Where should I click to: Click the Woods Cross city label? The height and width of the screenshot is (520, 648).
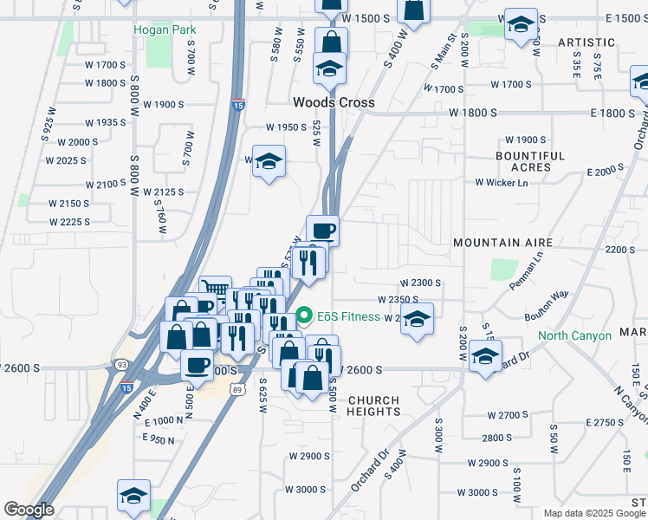coord(334,102)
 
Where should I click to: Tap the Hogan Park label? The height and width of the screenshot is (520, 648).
coord(165,29)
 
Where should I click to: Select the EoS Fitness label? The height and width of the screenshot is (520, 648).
coord(348,316)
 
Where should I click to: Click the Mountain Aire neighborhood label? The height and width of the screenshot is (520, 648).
coord(497,244)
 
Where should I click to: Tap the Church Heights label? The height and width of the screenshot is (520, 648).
coord(373,406)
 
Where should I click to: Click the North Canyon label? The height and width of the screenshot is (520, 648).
coord(573,335)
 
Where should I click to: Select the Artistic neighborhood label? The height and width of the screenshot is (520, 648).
coord(586,42)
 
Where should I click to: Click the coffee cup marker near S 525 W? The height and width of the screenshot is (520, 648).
coord(322,230)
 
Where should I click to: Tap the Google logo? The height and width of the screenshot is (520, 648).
coord(29,510)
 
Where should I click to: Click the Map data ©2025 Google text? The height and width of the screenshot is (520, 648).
coord(594,513)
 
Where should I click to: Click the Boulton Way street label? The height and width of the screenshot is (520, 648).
coord(547,306)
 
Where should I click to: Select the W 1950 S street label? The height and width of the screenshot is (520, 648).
coord(287,127)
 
